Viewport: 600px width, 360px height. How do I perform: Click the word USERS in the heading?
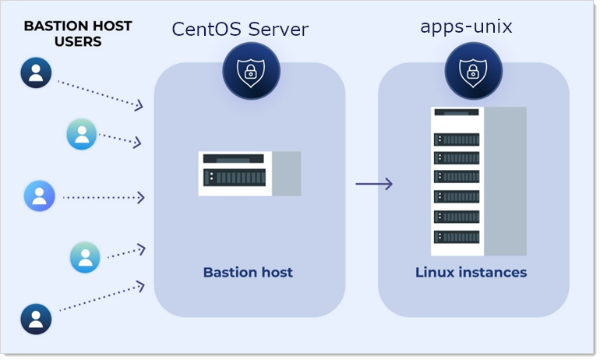(x=78, y=41)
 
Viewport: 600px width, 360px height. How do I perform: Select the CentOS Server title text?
(x=240, y=30)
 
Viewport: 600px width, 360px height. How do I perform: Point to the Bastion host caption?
(x=248, y=272)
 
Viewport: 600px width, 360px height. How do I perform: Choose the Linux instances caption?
(x=471, y=272)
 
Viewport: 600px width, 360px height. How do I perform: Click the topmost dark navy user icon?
(x=36, y=72)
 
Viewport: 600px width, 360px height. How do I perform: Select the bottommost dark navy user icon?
(x=36, y=319)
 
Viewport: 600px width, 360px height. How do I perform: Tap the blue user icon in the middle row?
(x=40, y=196)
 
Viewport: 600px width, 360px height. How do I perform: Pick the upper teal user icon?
(x=82, y=134)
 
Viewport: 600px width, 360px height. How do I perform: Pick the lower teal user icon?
(x=85, y=257)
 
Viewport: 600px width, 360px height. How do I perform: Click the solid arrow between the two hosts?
(x=373, y=184)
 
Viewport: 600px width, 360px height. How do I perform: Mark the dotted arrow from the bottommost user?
(x=101, y=298)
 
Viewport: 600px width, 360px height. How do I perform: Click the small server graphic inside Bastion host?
(x=249, y=174)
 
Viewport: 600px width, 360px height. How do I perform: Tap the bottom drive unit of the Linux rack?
(x=457, y=236)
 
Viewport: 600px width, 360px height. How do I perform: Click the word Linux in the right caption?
(x=434, y=272)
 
